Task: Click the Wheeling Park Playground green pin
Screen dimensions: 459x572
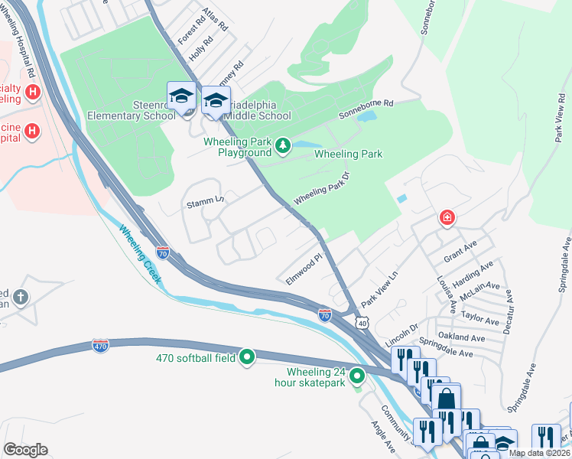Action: (x=284, y=145)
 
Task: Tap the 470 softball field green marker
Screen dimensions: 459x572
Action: (x=247, y=356)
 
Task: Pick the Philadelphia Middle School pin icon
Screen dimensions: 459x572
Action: (x=216, y=101)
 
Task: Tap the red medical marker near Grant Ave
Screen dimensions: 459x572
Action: (x=446, y=219)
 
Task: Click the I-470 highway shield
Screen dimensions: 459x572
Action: (x=100, y=345)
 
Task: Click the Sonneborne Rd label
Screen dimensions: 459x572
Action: (x=366, y=103)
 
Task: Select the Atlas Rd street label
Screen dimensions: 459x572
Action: (x=216, y=21)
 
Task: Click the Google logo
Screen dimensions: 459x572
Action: (x=26, y=450)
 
